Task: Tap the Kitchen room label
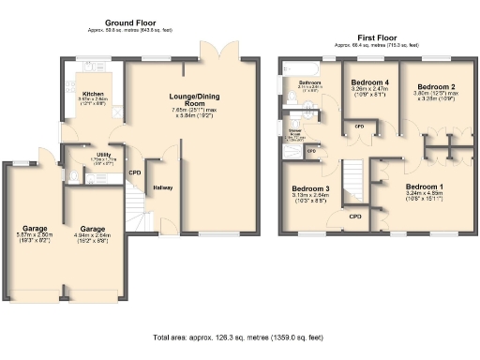pyautogui.click(x=94, y=94)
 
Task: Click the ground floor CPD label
pyautogui.click(x=135, y=172)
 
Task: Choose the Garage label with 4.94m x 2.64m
pyautogui.click(x=92, y=229)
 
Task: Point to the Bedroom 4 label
pyautogui.click(x=367, y=82)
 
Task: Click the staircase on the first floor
pyautogui.click(x=352, y=178)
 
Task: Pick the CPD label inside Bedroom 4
pyautogui.click(x=358, y=126)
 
